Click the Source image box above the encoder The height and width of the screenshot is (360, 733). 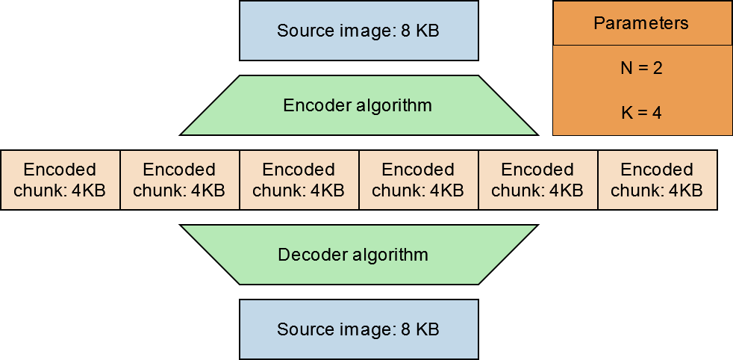point(358,31)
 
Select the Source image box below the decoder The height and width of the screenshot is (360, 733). point(358,329)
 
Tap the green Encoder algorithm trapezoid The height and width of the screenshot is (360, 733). point(358,105)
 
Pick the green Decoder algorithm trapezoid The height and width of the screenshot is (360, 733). point(358,255)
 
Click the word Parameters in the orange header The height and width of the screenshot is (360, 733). point(641,23)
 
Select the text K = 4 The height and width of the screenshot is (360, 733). point(641,114)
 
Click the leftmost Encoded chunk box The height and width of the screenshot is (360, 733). point(60,180)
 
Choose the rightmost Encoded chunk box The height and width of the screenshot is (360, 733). point(657,180)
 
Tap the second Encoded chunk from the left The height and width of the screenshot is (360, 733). point(179,180)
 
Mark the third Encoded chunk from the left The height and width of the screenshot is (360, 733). point(299,180)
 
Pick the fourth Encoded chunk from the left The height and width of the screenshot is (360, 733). point(418,180)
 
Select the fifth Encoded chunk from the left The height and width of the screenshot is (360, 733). point(537,180)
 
